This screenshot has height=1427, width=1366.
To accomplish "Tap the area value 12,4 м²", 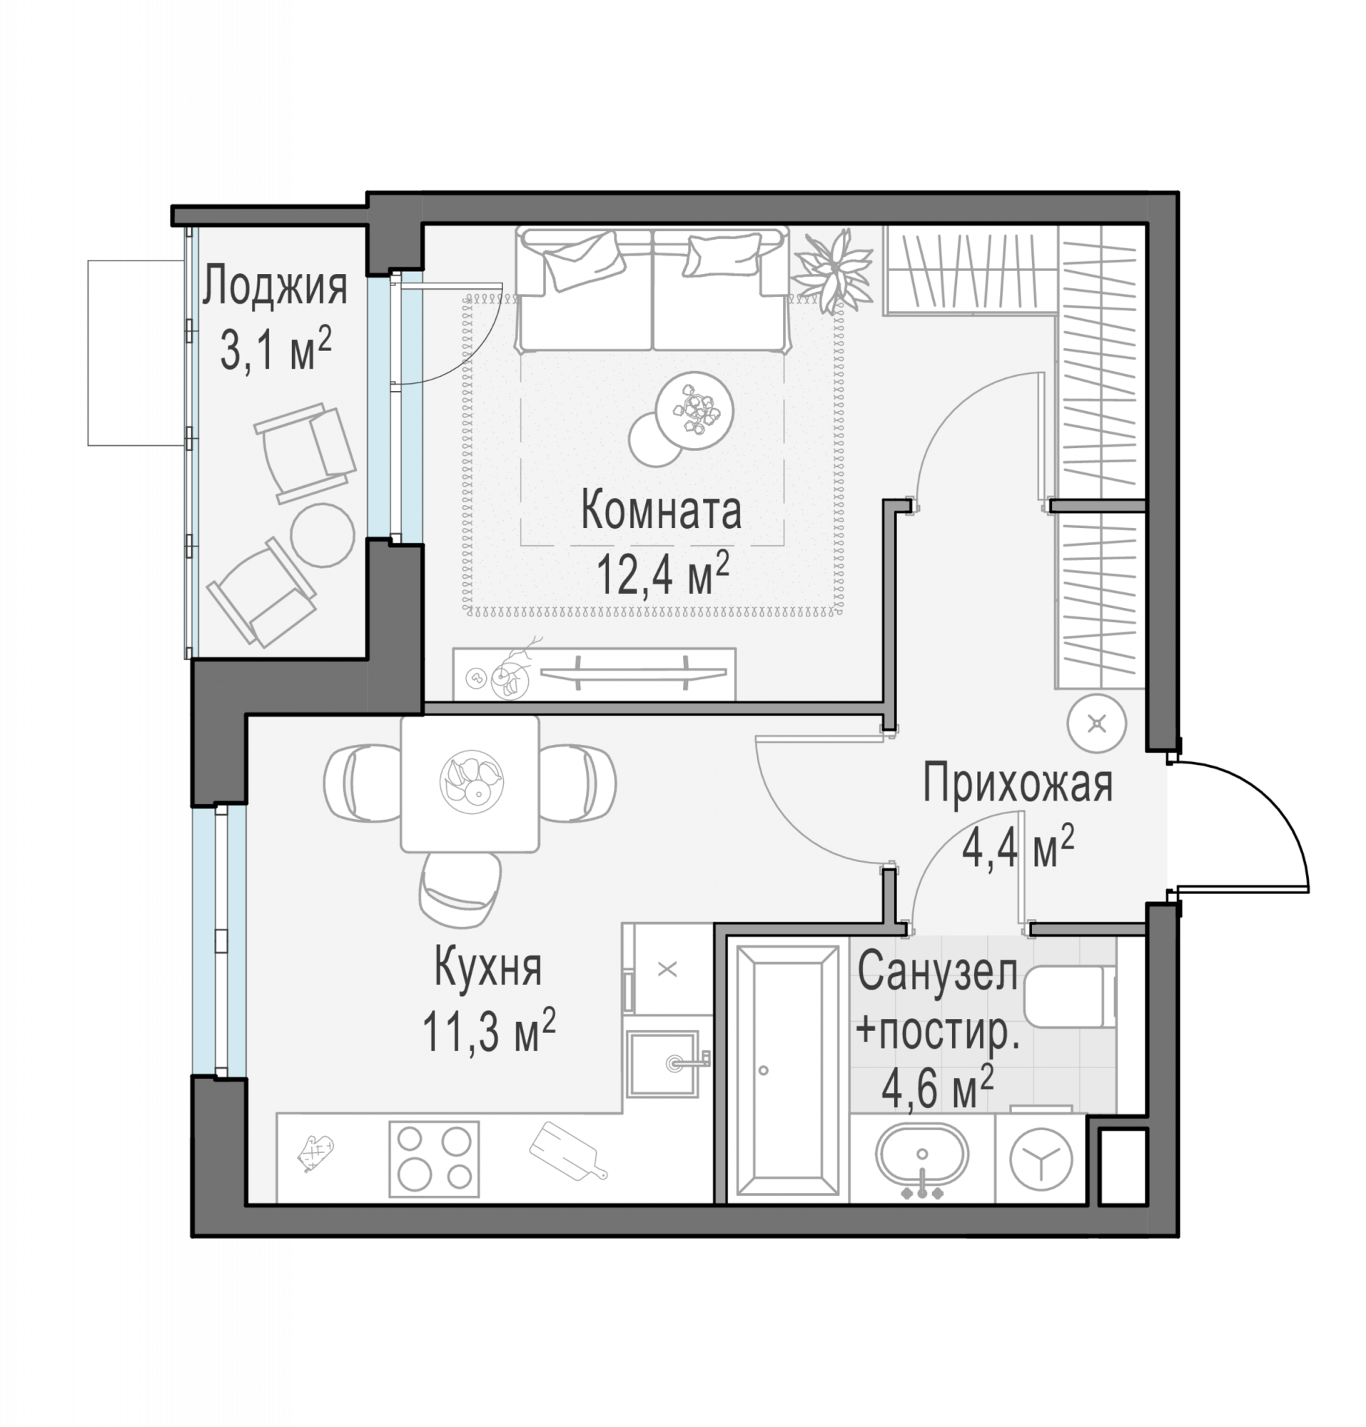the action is point(662,572).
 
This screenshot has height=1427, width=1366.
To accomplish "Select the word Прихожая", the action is point(1018,784).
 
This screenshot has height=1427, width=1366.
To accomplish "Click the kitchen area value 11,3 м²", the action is point(489,1031).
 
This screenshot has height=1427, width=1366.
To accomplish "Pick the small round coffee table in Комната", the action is point(655,439).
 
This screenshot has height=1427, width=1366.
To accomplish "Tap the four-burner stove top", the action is point(434,1159).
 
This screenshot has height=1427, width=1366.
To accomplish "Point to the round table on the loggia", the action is point(323,534).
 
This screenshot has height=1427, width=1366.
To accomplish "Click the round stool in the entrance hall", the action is point(1097,723).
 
